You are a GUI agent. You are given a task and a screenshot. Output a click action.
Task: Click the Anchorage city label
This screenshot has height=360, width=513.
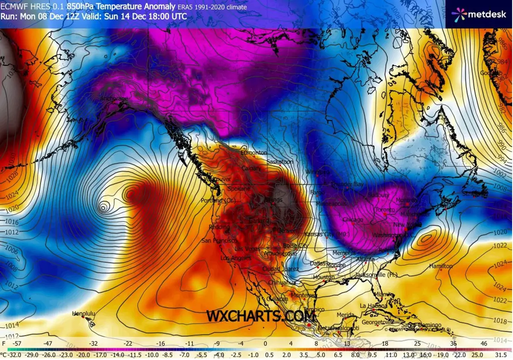click(114, 99)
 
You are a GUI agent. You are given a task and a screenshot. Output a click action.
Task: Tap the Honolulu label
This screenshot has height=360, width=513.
click(84, 314)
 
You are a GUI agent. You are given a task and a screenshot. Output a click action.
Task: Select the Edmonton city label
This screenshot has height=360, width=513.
click(254, 153)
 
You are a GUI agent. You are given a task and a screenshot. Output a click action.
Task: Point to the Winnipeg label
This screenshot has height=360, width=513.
click(318, 172)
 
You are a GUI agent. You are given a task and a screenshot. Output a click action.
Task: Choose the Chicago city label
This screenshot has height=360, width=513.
click(353, 220)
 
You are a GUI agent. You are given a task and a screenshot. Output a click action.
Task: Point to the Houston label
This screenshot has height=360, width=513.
click(323, 277)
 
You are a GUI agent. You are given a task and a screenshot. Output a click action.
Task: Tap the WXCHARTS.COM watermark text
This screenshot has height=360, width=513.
click(261, 316)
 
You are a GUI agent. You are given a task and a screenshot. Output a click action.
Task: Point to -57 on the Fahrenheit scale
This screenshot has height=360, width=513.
click(18, 343)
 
